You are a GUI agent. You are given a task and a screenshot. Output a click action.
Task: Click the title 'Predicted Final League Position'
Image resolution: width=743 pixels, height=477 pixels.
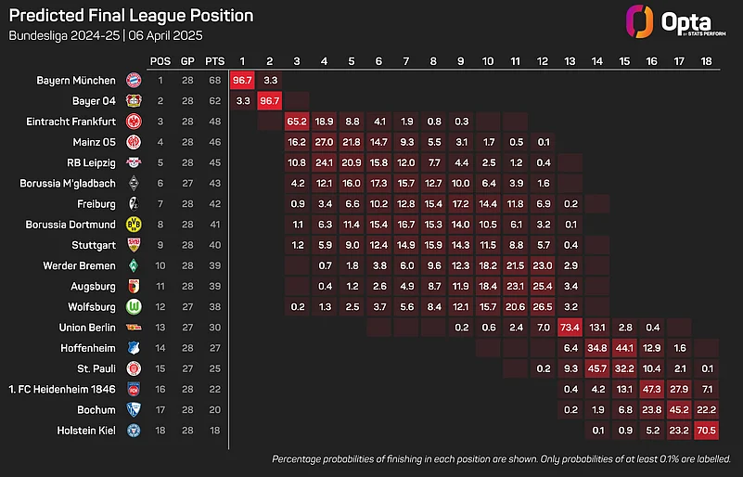pyautogui.click(x=131, y=16)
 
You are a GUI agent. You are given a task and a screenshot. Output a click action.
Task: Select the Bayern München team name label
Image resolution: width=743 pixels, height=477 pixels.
pyautogui.click(x=76, y=81)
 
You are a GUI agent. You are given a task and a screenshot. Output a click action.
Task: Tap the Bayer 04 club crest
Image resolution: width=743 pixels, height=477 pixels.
pyautogui.click(x=134, y=100)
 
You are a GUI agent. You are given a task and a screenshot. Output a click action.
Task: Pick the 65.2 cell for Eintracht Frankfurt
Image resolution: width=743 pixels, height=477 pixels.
pyautogui.click(x=297, y=121)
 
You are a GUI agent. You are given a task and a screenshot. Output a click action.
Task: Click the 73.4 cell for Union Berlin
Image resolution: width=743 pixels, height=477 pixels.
pyautogui.click(x=570, y=327)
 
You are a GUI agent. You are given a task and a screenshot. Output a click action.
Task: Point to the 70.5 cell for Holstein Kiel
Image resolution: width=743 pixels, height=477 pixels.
pyautogui.click(x=706, y=430)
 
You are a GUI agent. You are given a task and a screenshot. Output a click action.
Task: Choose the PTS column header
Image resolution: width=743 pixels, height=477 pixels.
pyautogui.click(x=214, y=60)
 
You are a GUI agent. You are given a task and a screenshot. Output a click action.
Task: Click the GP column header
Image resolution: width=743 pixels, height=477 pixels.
pyautogui.click(x=188, y=60)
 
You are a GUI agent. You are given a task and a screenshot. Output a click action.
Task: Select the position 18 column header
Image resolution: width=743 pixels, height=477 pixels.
pyautogui.click(x=706, y=60)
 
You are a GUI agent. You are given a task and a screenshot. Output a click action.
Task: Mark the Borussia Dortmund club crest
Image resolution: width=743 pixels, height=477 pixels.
pyautogui.click(x=134, y=224)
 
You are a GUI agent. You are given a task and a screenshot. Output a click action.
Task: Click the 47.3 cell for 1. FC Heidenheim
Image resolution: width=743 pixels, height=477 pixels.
pyautogui.click(x=652, y=389)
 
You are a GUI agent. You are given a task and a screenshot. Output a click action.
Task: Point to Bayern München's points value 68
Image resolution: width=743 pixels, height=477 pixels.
pyautogui.click(x=214, y=81)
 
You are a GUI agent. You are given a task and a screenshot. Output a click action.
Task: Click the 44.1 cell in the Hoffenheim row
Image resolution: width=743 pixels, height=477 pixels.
pyautogui.click(x=624, y=347)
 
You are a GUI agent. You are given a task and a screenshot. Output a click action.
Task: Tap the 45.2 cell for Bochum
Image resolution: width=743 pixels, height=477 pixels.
pyautogui.click(x=679, y=409)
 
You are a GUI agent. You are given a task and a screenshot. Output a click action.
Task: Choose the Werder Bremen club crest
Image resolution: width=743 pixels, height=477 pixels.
pyautogui.click(x=134, y=265)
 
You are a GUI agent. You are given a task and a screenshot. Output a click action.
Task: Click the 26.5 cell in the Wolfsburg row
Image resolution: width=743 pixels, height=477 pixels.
pyautogui.click(x=543, y=306)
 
